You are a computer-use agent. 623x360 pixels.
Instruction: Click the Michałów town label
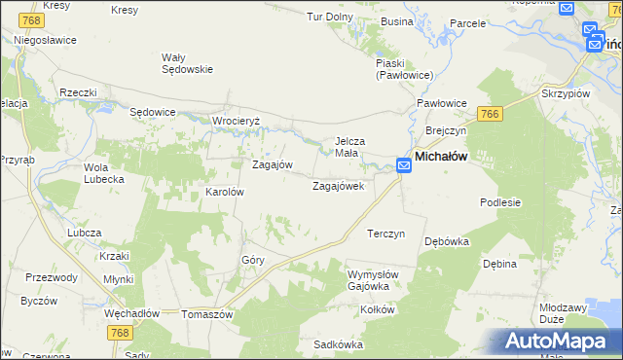(x=442, y=156)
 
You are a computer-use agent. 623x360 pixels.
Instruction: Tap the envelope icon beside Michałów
(x=403, y=167)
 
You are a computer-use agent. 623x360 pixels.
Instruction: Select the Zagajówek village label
(x=338, y=185)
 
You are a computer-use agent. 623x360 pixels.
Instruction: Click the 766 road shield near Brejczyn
(x=490, y=114)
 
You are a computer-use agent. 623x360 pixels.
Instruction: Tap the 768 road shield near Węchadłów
(x=121, y=333)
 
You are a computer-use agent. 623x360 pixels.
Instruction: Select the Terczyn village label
(x=385, y=234)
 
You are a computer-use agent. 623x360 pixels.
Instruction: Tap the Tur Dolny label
(x=330, y=17)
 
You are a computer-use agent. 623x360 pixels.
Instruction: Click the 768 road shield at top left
(x=32, y=20)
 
